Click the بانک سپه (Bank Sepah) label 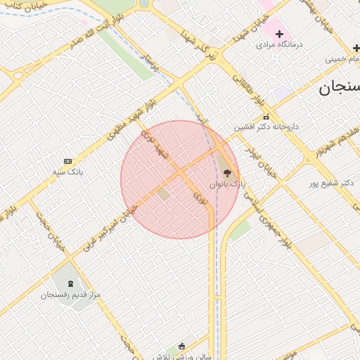[68, 171]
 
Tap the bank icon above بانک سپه [67, 161]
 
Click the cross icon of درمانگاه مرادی [279, 34]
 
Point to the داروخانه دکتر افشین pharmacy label [266, 127]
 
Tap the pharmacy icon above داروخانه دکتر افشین [266, 117]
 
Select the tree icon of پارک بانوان [226, 171]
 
